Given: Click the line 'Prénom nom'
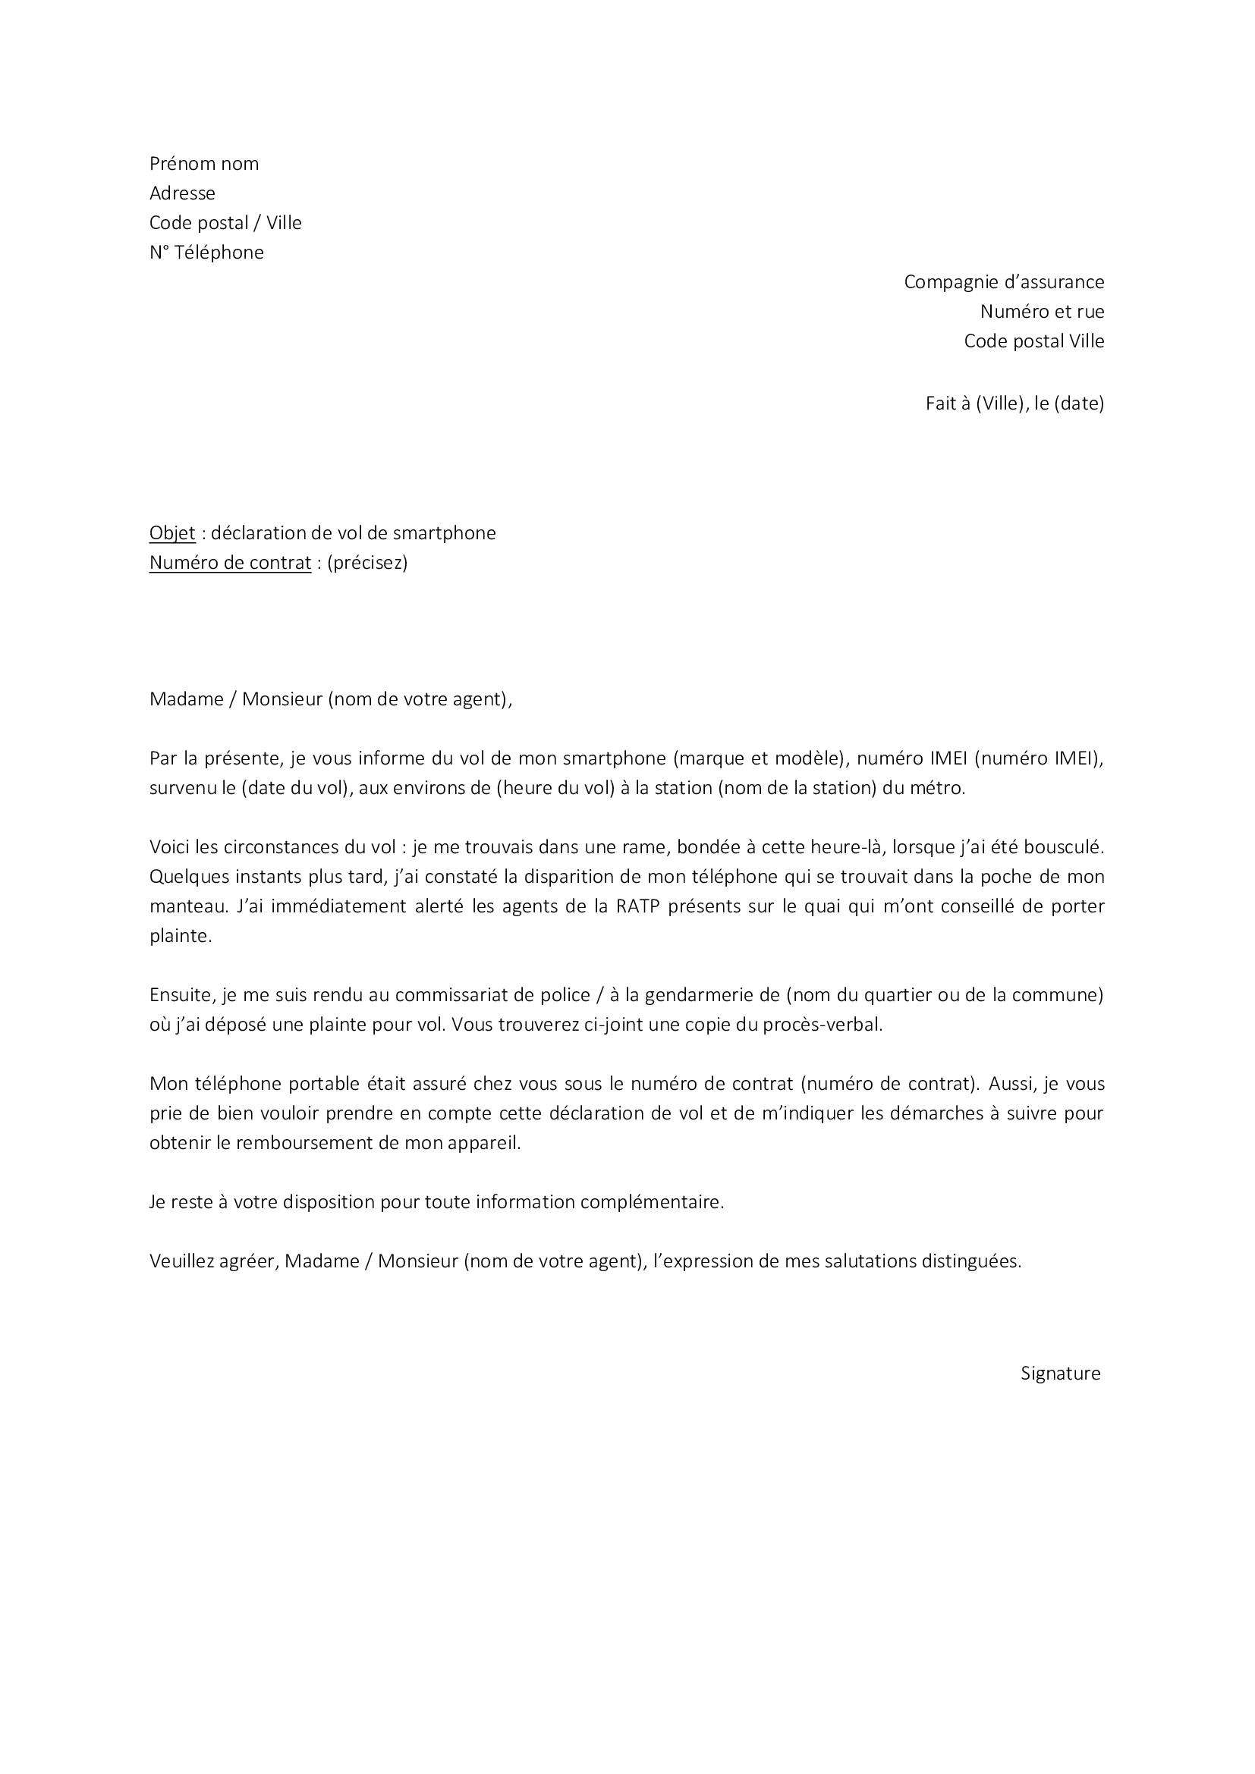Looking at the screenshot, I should pyautogui.click(x=204, y=164).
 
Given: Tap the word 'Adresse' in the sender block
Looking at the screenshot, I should pyautogui.click(x=182, y=193).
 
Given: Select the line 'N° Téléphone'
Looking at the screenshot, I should pyautogui.click(x=206, y=253).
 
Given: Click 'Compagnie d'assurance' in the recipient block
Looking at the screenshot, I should pyautogui.click(x=1004, y=282).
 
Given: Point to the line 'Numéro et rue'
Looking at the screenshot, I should pyautogui.click(x=1042, y=312).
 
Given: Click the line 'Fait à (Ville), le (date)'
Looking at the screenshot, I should pyautogui.click(x=1014, y=403).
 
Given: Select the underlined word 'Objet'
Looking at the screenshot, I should pyautogui.click(x=172, y=533).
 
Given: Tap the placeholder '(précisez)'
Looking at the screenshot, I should pyautogui.click(x=367, y=563).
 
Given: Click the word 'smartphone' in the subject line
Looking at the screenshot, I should pyautogui.click(x=445, y=533).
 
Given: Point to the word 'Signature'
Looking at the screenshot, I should pyautogui.click(x=1060, y=1373).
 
